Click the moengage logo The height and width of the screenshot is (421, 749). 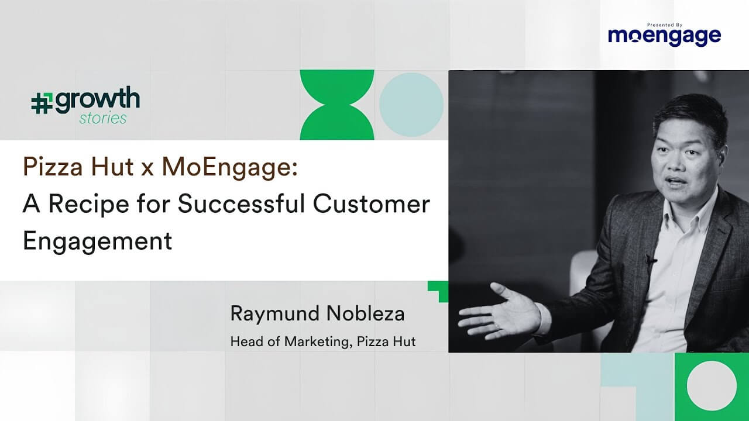tap(664, 36)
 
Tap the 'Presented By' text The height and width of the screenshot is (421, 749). tap(665, 25)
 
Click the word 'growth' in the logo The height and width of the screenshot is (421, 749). tap(98, 100)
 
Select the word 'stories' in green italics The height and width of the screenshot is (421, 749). tap(103, 118)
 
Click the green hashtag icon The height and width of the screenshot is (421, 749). tap(42, 103)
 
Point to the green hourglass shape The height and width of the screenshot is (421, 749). tap(337, 105)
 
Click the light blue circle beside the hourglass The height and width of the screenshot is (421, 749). tap(411, 105)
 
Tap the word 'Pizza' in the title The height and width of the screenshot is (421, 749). tap(53, 167)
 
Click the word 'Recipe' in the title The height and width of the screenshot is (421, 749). tap(89, 205)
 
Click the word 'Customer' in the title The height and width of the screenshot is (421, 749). tap(372, 204)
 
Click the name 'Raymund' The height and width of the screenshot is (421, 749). tap(275, 314)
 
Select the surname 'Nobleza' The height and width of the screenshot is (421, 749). tap(366, 313)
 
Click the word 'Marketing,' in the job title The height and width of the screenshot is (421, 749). tap(318, 342)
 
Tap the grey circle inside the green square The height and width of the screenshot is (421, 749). tap(712, 385)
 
